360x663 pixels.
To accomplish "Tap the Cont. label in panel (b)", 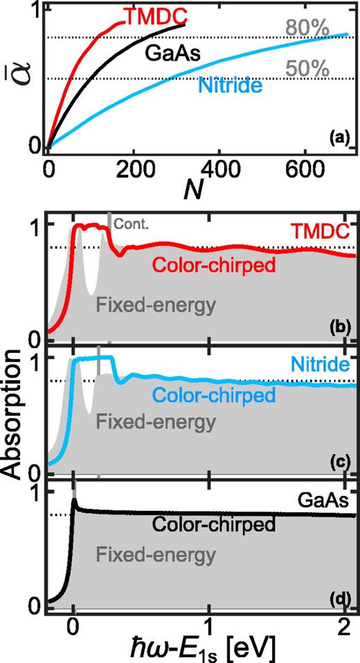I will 127,224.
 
